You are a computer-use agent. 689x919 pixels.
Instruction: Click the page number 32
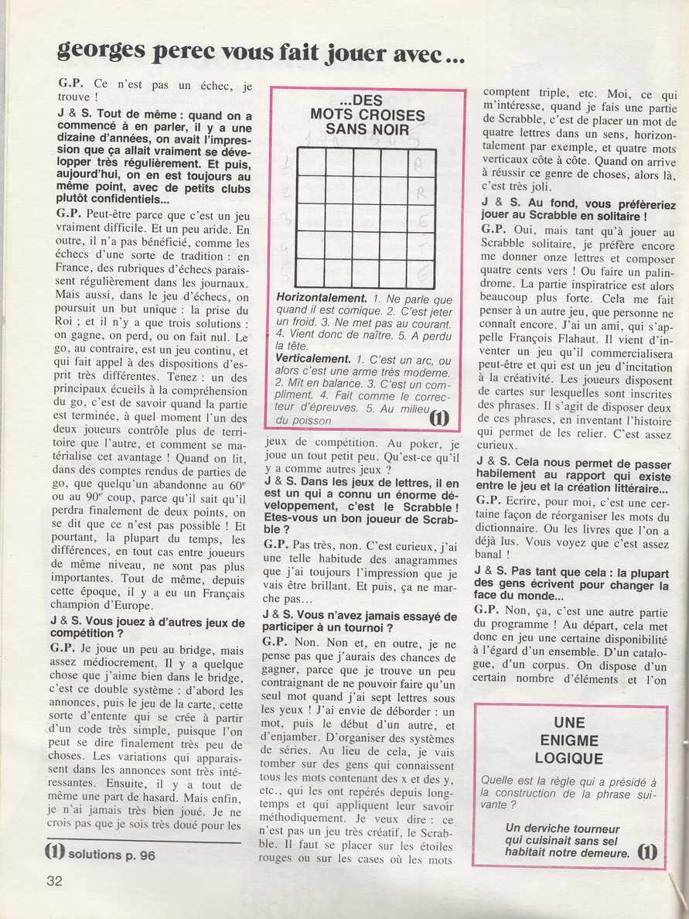click(54, 880)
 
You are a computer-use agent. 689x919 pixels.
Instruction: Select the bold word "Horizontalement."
click(322, 298)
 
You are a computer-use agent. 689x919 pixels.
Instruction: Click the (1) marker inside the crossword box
click(439, 418)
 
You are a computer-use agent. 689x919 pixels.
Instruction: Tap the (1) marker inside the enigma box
click(648, 852)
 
